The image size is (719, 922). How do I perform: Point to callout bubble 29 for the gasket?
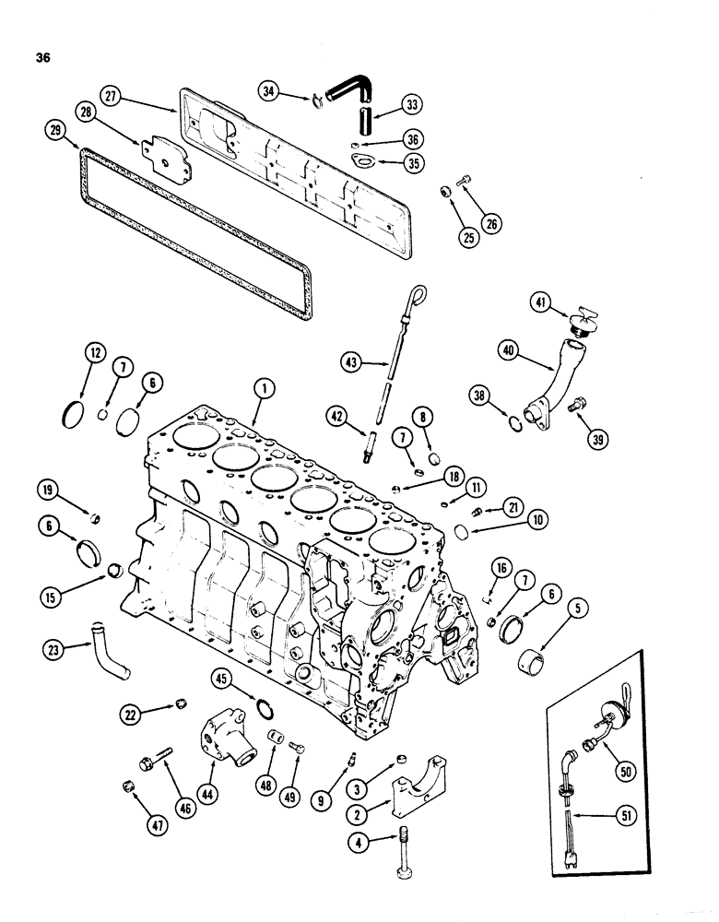click(54, 132)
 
